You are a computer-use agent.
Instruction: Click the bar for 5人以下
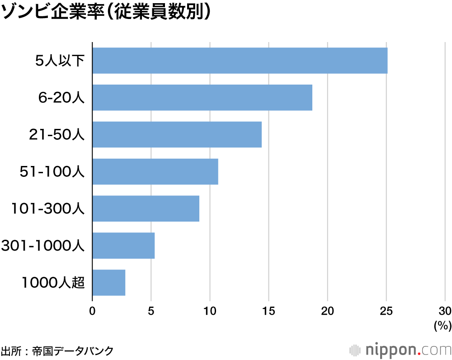(x=240, y=61)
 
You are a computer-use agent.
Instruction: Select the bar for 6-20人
(x=202, y=98)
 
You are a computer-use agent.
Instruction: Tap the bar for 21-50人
(x=177, y=134)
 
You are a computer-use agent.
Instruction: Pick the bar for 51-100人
(x=155, y=171)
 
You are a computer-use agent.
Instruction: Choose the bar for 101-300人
(x=146, y=208)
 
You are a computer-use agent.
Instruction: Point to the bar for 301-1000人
(x=123, y=246)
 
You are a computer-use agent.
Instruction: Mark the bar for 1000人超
(x=108, y=283)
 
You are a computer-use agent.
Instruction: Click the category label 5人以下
(x=61, y=61)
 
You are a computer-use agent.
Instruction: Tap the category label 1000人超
(x=53, y=283)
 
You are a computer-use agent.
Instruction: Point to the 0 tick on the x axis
(x=92, y=311)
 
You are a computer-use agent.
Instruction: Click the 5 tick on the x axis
(x=151, y=311)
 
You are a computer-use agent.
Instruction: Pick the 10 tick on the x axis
(x=210, y=311)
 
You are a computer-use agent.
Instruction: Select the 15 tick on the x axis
(x=268, y=311)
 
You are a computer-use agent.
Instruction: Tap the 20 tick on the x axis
(x=327, y=311)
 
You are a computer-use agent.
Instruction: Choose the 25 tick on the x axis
(x=386, y=311)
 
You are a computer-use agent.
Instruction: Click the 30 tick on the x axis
(x=445, y=311)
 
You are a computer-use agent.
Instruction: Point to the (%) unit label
(x=442, y=325)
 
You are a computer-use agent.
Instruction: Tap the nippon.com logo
(x=400, y=350)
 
